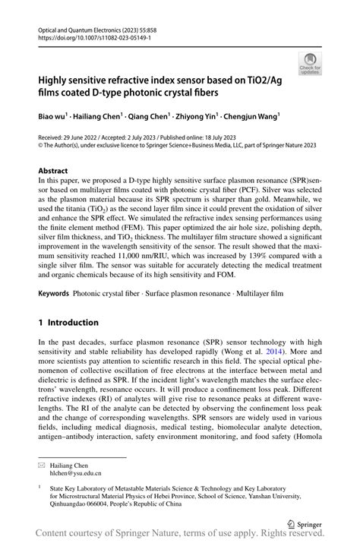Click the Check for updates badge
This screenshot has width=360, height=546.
309,63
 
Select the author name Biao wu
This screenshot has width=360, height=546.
55,117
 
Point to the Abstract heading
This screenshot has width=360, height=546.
52,171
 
